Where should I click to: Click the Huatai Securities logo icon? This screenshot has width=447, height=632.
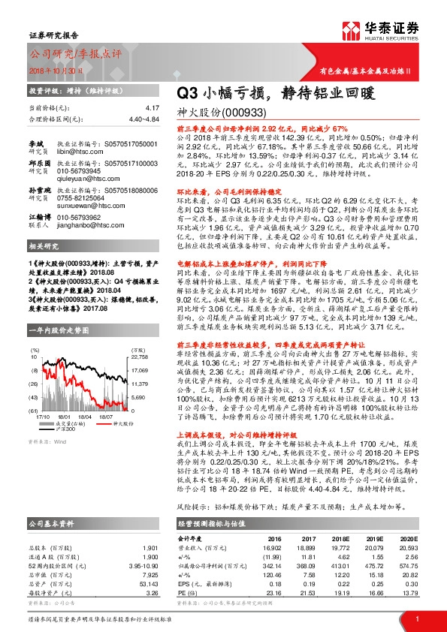point(350,30)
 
